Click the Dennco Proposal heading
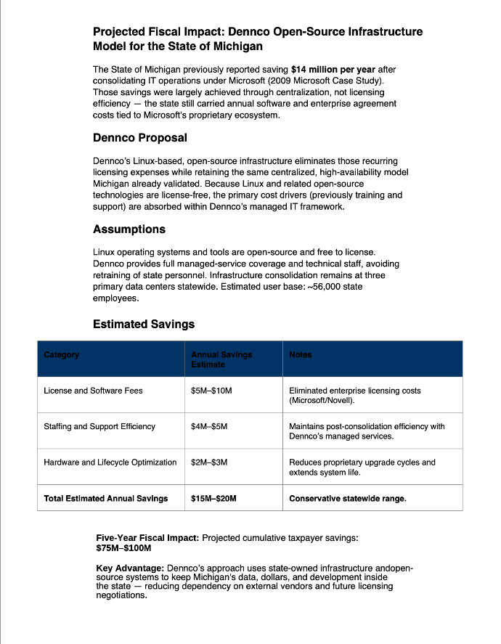pos(140,138)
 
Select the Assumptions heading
pos(129,229)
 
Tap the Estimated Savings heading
pos(144,324)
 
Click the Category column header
pos(62,355)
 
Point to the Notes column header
pos(301,355)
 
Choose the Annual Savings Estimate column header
pos(221,359)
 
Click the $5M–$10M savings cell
pos(211,391)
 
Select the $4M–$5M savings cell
pos(209,426)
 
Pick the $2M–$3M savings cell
pos(209,462)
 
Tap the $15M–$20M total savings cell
pos(213,498)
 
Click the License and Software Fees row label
pos(93,391)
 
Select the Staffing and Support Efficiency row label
pos(99,426)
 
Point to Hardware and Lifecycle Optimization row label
pos(110,462)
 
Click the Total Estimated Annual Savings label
pos(106,498)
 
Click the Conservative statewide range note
pos(348,498)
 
